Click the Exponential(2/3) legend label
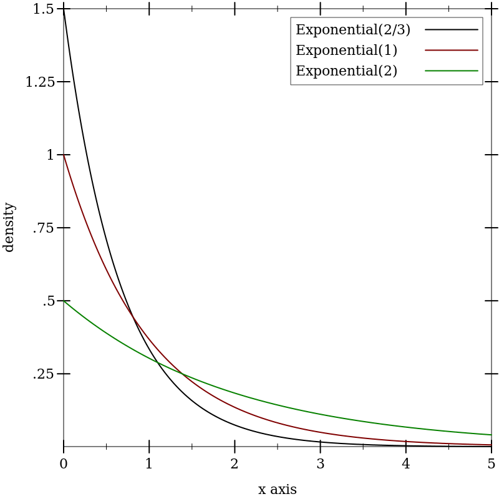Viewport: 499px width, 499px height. pyautogui.click(x=352, y=30)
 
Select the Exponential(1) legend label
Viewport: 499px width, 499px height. pyautogui.click(x=346, y=51)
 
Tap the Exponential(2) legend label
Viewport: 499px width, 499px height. pyautogui.click(x=346, y=71)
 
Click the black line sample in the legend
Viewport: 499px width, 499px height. pyautogui.click(x=452, y=29)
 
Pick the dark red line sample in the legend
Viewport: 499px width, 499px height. pyautogui.click(x=452, y=50)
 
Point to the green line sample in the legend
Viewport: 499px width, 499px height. pyautogui.click(x=452, y=70)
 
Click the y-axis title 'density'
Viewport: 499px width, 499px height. pyautogui.click(x=9, y=227)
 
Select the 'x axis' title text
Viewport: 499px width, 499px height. pyautogui.click(x=277, y=490)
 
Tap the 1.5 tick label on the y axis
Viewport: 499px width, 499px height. pyautogui.click(x=44, y=9)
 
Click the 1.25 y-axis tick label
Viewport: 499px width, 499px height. pyautogui.click(x=40, y=82)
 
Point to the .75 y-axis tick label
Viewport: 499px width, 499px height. pyautogui.click(x=44, y=228)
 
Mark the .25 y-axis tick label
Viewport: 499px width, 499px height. pyautogui.click(x=44, y=374)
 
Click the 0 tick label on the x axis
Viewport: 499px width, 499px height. pyautogui.click(x=63, y=464)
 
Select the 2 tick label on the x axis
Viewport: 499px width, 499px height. pyautogui.click(x=235, y=464)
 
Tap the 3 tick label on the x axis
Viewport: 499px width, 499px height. pyautogui.click(x=320, y=464)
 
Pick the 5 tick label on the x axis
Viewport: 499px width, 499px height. pyautogui.click(x=491, y=464)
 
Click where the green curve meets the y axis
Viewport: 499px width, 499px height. pyautogui.click(x=64, y=301)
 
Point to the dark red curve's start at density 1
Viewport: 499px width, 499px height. pyautogui.click(x=64, y=155)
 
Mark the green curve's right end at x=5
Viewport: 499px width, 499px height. pyautogui.click(x=491, y=435)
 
